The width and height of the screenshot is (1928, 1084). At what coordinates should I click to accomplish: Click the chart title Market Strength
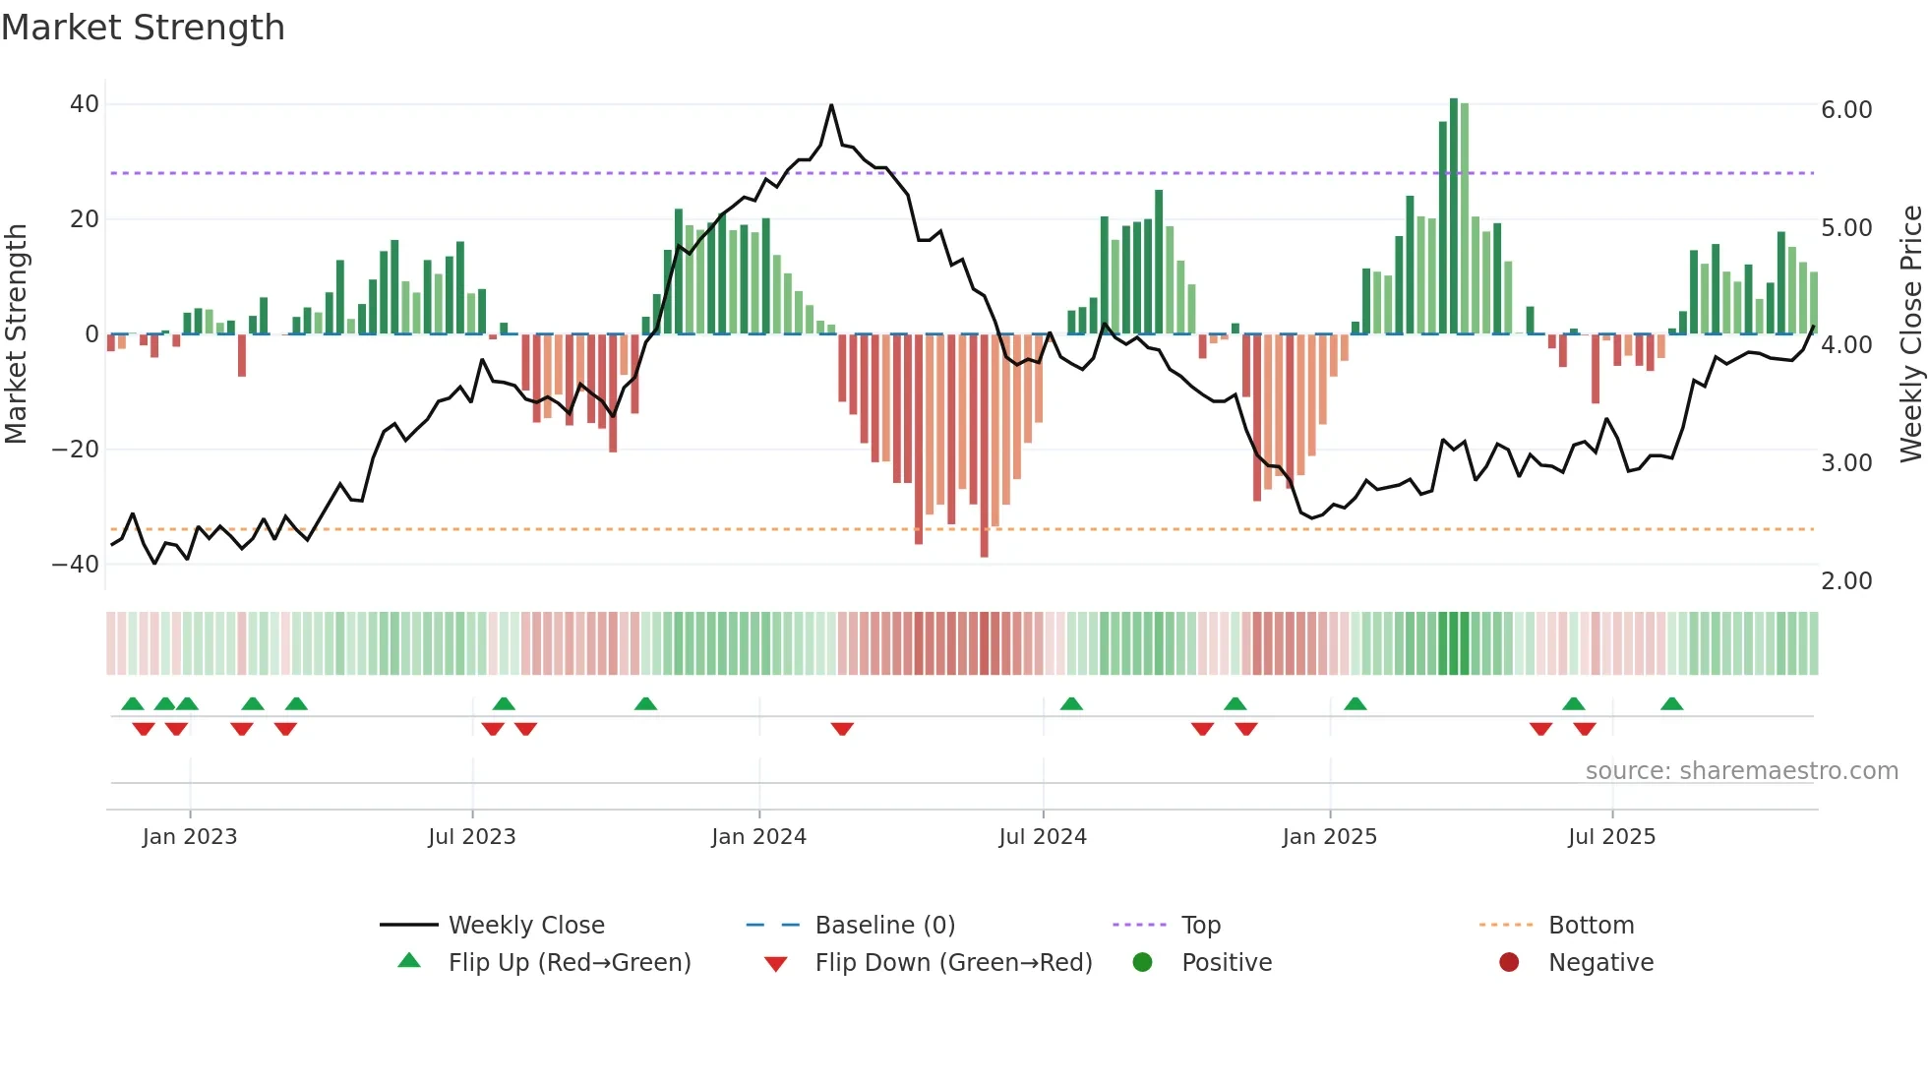(x=143, y=28)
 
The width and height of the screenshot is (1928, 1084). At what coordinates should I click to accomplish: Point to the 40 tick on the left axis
(x=85, y=104)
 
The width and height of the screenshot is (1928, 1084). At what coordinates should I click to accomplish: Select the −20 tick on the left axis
(x=76, y=450)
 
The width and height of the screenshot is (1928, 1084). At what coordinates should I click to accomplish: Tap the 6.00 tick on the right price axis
(x=1846, y=110)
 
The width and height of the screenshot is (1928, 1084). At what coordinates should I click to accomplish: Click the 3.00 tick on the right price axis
(x=1846, y=463)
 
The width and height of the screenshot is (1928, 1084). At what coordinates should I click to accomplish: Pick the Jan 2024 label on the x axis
(x=758, y=837)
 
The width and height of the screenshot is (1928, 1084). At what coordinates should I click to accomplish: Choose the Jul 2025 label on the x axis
(x=1611, y=837)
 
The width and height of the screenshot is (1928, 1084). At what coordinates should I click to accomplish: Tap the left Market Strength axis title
(x=16, y=334)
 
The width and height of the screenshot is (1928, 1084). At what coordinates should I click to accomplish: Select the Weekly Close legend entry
(x=526, y=926)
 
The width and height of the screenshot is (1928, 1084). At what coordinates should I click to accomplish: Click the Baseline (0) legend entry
(x=884, y=926)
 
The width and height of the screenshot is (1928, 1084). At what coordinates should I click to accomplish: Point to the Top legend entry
(x=1200, y=926)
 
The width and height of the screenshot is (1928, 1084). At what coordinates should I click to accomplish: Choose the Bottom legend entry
(x=1591, y=926)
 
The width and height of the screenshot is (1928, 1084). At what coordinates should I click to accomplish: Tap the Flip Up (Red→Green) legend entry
(x=570, y=963)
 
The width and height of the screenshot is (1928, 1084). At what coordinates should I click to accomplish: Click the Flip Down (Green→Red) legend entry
(x=953, y=963)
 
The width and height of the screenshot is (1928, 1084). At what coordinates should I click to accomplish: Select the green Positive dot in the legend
(x=1142, y=963)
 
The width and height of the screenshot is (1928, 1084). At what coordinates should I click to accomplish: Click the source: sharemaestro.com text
(x=1741, y=771)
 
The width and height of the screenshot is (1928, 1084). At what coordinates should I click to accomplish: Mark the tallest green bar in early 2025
(x=1454, y=216)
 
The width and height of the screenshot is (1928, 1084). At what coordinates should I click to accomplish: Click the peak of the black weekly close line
(x=831, y=105)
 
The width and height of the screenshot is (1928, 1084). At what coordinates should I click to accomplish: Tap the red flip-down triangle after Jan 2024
(x=842, y=729)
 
